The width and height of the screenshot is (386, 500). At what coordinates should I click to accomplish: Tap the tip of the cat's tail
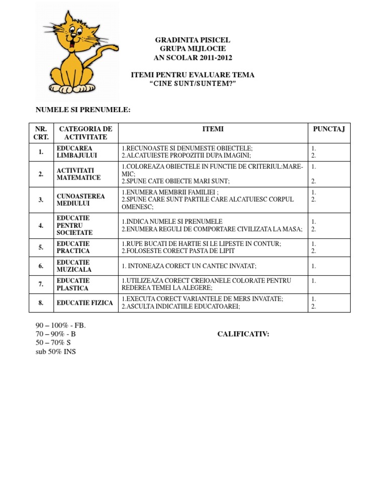click(117, 49)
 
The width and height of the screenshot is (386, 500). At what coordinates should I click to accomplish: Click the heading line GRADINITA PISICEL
click(193, 40)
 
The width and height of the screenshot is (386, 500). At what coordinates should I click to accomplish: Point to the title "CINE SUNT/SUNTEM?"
click(193, 84)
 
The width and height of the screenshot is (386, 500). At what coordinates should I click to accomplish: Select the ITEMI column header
click(213, 129)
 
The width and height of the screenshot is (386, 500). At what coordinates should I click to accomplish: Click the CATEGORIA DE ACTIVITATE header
click(85, 133)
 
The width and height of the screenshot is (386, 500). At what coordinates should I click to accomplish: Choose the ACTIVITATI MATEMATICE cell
click(78, 174)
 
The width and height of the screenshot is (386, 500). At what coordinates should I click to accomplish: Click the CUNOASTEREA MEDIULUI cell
click(80, 200)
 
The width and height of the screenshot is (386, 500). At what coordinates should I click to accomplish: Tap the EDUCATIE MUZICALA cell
click(73, 266)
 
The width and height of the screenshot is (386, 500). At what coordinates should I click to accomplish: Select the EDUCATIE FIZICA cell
click(80, 303)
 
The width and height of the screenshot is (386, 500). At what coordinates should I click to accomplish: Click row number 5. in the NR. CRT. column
click(41, 247)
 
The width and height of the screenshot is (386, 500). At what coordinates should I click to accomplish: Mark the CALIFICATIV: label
click(243, 334)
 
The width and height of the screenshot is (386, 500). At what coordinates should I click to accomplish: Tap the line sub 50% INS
click(56, 351)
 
